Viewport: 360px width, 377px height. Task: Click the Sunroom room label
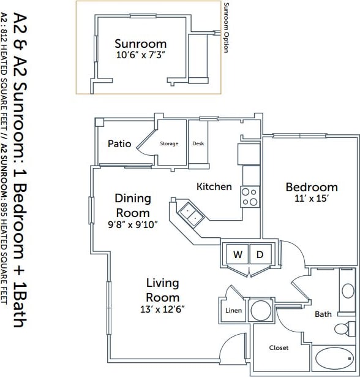coord(140,44)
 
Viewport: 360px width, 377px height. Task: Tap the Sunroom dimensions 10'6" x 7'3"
coord(140,55)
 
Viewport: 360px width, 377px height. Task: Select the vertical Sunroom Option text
coord(225,28)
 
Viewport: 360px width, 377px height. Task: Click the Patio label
coord(119,143)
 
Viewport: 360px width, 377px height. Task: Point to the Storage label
coord(169,143)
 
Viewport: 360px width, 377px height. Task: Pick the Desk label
coord(198,143)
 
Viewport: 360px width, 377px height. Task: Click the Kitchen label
coord(214,186)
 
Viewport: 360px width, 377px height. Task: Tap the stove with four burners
coord(249,197)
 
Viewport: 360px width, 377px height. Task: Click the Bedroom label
coord(312,187)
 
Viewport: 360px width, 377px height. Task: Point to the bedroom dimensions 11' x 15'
coord(312,199)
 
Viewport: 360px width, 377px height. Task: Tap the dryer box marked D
coord(259,254)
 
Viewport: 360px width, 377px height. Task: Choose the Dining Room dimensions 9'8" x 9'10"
coord(132,224)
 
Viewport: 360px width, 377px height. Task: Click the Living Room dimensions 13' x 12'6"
coord(162,308)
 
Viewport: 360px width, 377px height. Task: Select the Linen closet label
coord(233,311)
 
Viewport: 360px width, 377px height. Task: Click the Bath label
coord(323,314)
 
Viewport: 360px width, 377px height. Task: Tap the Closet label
coord(279,348)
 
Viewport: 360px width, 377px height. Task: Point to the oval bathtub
coord(334,360)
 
